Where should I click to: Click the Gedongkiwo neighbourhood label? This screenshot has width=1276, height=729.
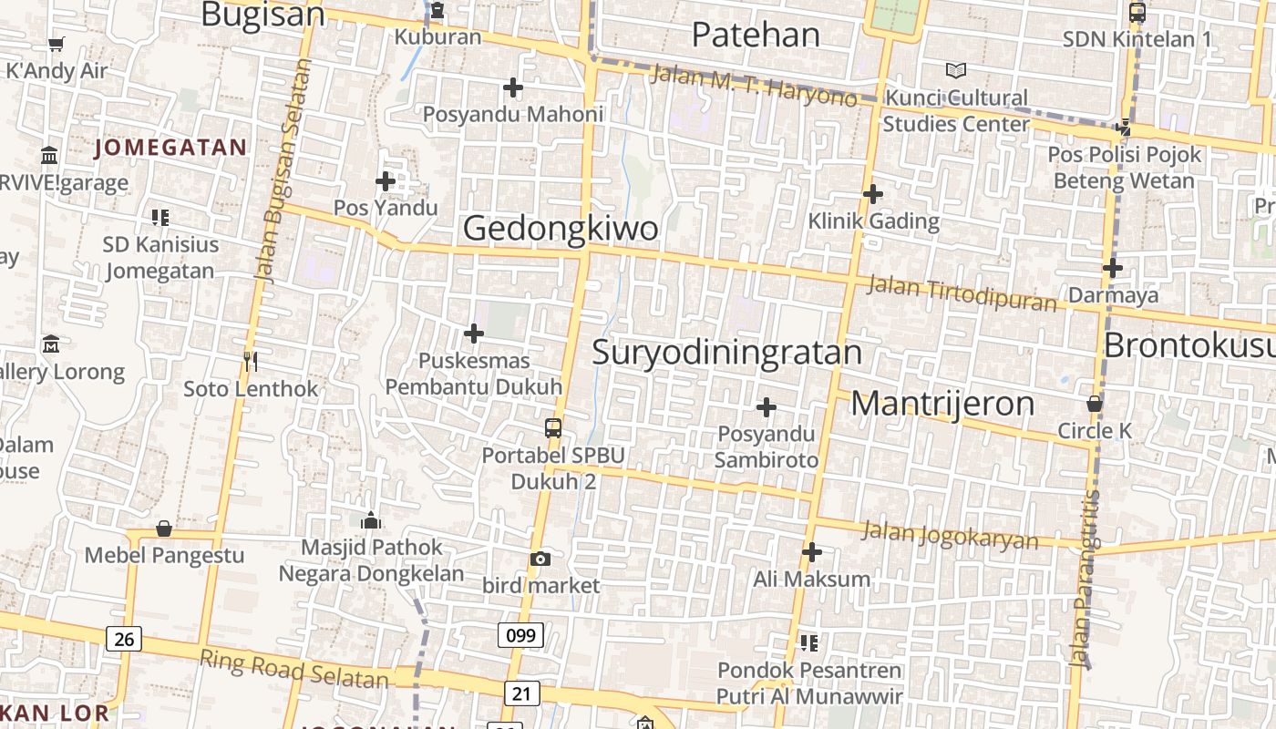coord(561,228)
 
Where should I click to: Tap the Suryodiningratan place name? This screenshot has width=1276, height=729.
coord(726,353)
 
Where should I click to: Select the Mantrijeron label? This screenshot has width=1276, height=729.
coord(942,404)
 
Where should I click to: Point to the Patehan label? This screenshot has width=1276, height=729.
coord(756,35)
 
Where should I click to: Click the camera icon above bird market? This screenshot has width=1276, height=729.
coord(540,559)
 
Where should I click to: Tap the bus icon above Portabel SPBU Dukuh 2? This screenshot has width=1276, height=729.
coord(552,427)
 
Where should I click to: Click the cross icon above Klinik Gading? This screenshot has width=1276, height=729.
coord(873,194)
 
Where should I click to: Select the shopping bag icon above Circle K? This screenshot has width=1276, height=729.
coord(1095,404)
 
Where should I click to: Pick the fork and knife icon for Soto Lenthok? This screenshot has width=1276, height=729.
coord(251,362)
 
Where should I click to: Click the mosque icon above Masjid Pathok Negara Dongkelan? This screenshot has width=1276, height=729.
coord(371,521)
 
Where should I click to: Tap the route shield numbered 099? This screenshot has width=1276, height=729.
coord(520,635)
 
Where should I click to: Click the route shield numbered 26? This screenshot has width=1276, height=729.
coord(124,639)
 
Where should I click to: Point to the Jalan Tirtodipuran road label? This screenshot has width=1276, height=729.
coord(962,293)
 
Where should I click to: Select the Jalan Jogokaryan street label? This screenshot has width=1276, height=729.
coord(950,535)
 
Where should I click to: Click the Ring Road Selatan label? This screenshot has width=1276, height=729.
coord(293,670)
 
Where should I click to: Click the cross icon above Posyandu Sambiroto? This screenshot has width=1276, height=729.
coord(767,407)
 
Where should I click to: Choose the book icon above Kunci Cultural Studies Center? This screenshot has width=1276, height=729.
coord(955,70)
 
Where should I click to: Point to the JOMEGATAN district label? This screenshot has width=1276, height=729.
coord(170,148)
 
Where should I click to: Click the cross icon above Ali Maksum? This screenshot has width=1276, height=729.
coord(811,552)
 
